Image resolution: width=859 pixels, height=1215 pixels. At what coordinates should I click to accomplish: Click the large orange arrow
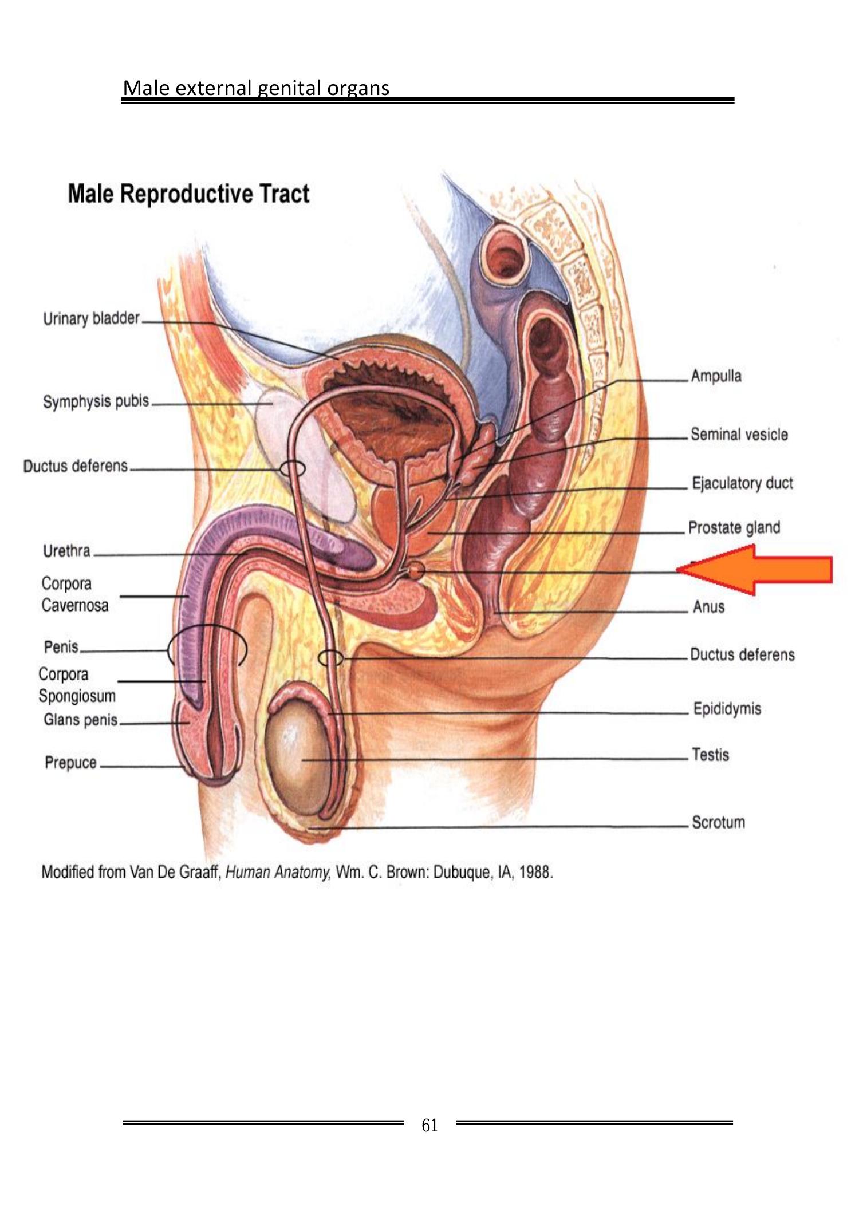(762, 570)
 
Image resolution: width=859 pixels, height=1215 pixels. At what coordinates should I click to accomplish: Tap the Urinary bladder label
(92, 318)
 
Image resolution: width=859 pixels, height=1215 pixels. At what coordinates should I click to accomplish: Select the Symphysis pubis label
(96, 401)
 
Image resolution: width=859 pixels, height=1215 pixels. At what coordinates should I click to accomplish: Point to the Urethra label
(66, 551)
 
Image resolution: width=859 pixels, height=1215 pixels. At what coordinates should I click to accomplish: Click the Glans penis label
(80, 720)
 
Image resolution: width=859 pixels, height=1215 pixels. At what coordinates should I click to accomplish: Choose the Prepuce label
(70, 763)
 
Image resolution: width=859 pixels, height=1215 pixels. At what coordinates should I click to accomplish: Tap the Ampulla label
(716, 376)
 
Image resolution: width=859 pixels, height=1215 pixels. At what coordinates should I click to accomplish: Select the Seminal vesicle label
(739, 434)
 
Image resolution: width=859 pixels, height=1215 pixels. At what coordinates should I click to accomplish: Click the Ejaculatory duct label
(742, 483)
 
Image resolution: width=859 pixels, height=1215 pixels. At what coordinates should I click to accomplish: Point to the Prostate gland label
(734, 527)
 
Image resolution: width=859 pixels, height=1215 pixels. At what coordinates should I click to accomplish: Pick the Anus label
(708, 606)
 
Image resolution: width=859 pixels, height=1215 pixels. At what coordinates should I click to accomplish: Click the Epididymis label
(727, 709)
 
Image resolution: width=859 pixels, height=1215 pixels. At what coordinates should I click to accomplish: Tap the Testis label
(710, 755)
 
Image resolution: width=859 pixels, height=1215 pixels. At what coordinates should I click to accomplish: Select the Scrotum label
(718, 822)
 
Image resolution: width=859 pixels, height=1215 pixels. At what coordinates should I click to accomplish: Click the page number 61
(429, 1125)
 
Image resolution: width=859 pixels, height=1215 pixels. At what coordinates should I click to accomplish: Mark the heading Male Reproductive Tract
(188, 194)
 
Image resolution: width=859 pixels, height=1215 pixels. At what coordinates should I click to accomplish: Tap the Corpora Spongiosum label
(77, 685)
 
